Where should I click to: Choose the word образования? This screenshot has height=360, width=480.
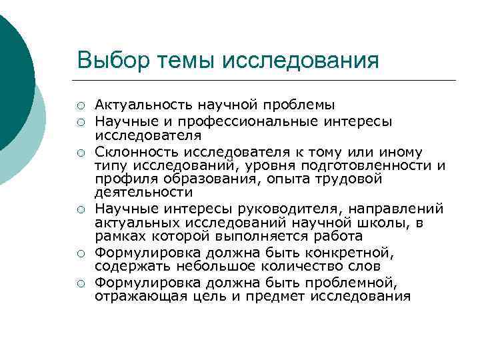pyautogui.click(x=220, y=179)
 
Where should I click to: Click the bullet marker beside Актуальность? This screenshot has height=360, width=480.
pyautogui.click(x=80, y=105)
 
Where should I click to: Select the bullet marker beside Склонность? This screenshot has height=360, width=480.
pyautogui.click(x=80, y=150)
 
